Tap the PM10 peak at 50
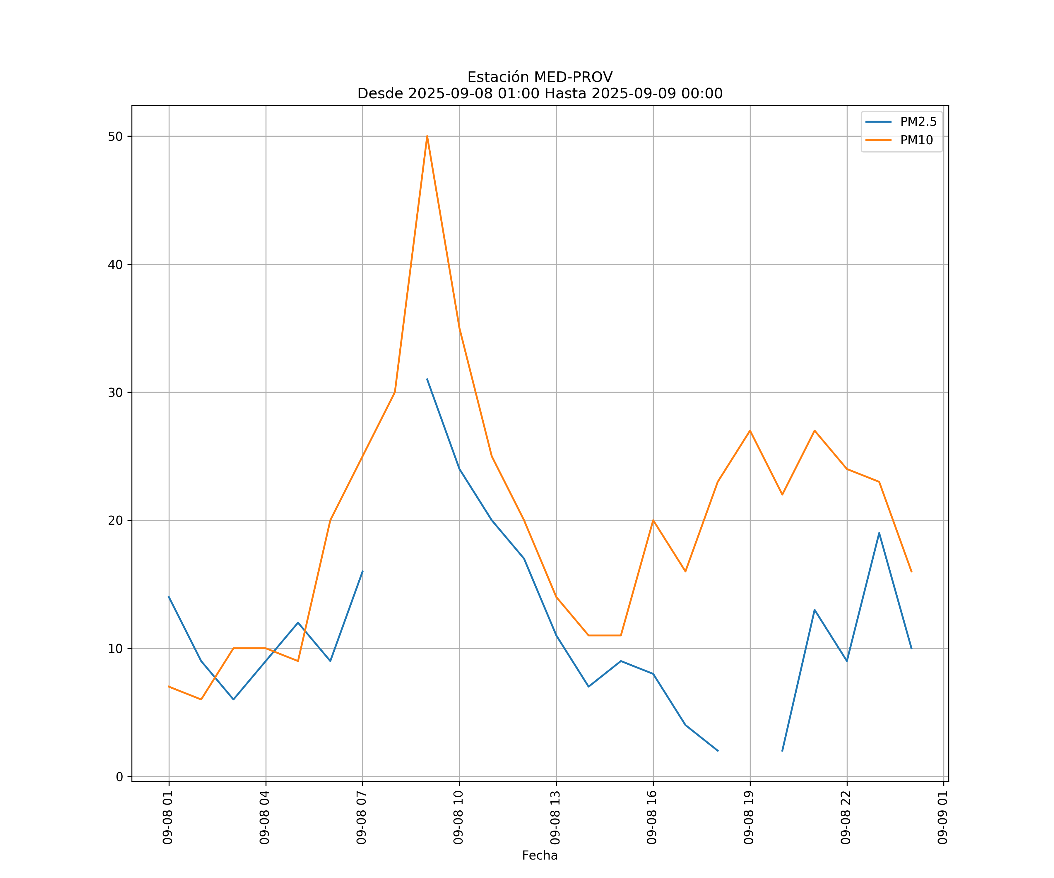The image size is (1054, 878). tap(427, 136)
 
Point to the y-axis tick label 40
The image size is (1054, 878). tap(115, 264)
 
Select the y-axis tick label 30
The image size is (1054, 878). tap(115, 392)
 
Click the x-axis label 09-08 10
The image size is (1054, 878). tap(458, 818)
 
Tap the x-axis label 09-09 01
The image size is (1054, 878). tap(942, 818)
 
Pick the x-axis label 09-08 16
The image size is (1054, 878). tap(652, 818)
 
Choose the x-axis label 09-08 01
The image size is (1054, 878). tap(168, 818)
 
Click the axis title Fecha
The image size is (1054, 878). tap(540, 855)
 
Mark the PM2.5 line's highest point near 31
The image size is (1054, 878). tap(427, 379)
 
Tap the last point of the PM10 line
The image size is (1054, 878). tap(911, 572)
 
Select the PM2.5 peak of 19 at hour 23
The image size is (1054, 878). tap(879, 533)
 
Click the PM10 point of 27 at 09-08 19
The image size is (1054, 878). tap(750, 431)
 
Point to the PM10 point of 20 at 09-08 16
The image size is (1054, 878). tap(653, 520)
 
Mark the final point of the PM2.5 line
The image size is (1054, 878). tap(911, 649)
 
